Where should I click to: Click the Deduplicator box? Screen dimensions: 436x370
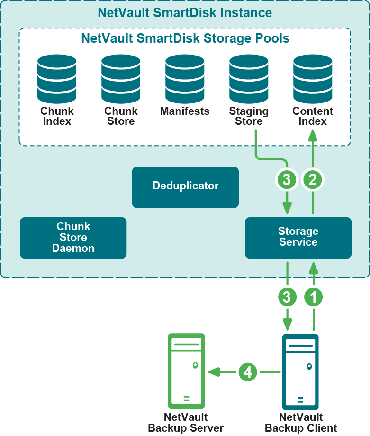click(185, 187)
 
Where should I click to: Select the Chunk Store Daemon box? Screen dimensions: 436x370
click(73, 238)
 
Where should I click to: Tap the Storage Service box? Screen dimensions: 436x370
click(298, 237)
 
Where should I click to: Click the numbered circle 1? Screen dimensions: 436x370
click(313, 297)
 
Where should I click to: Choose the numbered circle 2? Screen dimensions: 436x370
click(313, 179)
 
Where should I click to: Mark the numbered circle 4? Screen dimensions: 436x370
click(247, 372)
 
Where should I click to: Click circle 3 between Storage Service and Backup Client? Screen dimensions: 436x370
click(287, 297)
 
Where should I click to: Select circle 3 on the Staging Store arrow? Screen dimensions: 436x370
click(287, 179)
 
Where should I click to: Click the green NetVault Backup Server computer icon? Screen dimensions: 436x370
click(186, 371)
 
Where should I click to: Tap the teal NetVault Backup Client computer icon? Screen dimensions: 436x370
click(300, 372)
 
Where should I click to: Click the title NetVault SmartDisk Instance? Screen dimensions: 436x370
click(185, 12)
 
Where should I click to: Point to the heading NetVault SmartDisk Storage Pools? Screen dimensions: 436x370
click(185, 38)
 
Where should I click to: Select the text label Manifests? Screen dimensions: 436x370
click(185, 111)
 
